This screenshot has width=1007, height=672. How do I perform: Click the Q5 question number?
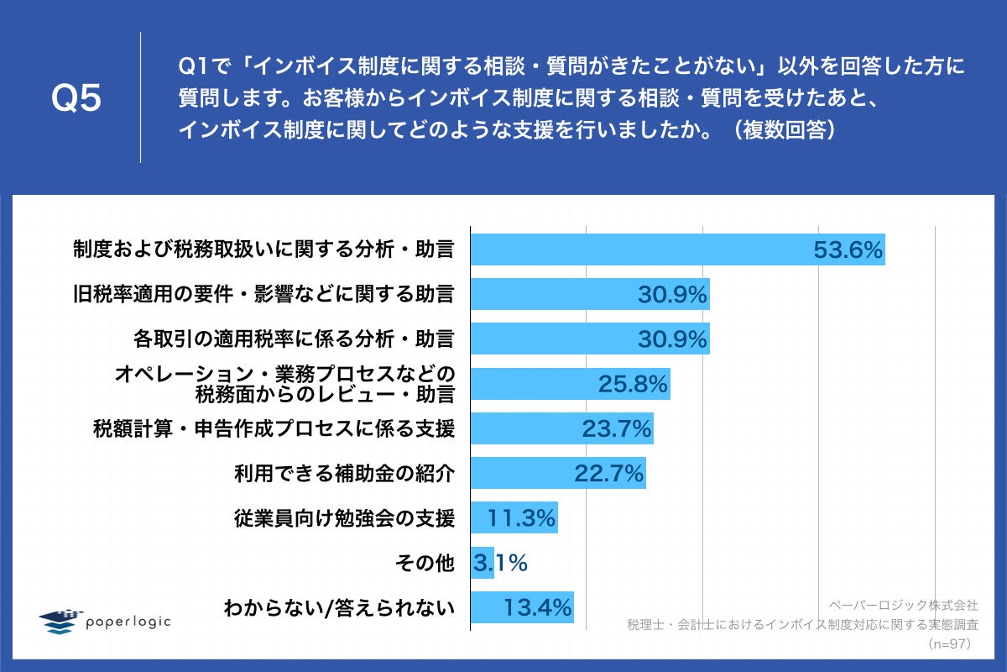76,98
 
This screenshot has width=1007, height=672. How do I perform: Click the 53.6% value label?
848,249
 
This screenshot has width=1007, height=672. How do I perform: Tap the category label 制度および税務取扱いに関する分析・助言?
263,249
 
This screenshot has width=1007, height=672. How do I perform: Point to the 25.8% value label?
633,384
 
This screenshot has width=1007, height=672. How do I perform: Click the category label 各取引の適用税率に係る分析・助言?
294,339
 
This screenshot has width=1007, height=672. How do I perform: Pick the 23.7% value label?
617,429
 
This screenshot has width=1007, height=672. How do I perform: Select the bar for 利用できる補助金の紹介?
557,474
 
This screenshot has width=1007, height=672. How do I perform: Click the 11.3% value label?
521,518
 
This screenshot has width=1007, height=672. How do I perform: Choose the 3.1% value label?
499,563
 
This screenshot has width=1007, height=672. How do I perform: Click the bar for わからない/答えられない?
521,607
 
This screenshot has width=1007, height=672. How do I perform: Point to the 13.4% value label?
537,607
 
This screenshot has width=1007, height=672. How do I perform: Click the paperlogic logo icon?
61,621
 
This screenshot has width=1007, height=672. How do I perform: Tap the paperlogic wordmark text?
128,622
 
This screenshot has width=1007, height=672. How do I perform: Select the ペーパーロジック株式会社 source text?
903,605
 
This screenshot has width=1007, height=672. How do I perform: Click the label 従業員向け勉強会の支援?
344,518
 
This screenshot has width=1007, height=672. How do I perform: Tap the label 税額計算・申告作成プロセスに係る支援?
274,429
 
